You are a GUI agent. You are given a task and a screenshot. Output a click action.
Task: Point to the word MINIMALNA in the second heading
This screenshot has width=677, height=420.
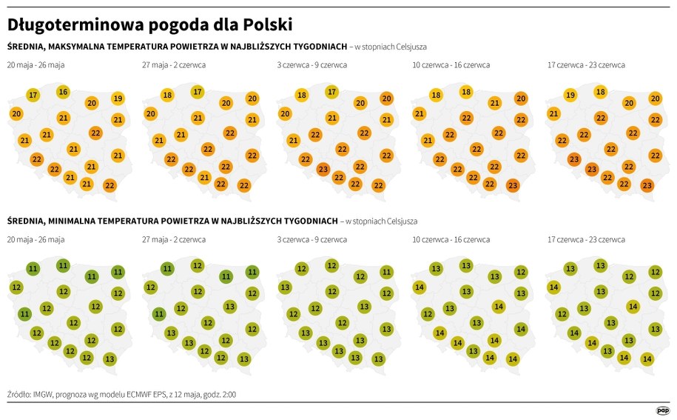tap(89, 221)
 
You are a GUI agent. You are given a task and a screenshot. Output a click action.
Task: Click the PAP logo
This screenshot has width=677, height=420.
tap(662, 410)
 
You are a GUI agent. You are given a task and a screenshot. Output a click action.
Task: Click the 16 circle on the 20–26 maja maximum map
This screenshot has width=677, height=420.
tap(63, 92)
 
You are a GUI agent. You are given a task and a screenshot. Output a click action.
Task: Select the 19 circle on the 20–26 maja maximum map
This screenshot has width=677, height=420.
tap(118, 98)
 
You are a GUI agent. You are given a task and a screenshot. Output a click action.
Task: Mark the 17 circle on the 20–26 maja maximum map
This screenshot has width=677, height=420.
tap(33, 95)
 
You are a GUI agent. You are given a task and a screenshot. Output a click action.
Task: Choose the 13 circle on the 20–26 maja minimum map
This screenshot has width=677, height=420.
tap(110, 359)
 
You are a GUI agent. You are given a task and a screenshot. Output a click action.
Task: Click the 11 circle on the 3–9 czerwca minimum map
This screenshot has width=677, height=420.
tap(386, 272)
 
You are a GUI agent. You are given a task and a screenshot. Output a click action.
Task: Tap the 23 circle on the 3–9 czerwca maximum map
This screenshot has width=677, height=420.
tap(323, 169)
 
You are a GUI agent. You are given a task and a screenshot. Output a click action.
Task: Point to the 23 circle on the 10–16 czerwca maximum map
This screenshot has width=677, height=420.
tap(513, 185)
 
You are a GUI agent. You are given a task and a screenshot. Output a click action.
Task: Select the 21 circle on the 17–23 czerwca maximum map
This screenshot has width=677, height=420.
tap(553, 114)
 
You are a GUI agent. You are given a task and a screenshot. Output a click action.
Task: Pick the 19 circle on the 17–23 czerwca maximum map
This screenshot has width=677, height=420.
tap(570, 95)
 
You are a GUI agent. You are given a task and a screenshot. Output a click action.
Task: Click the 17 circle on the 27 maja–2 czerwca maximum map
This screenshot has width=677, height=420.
tap(198, 92)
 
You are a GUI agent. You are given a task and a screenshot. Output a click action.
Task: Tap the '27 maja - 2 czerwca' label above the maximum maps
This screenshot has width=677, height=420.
tap(174, 65)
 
